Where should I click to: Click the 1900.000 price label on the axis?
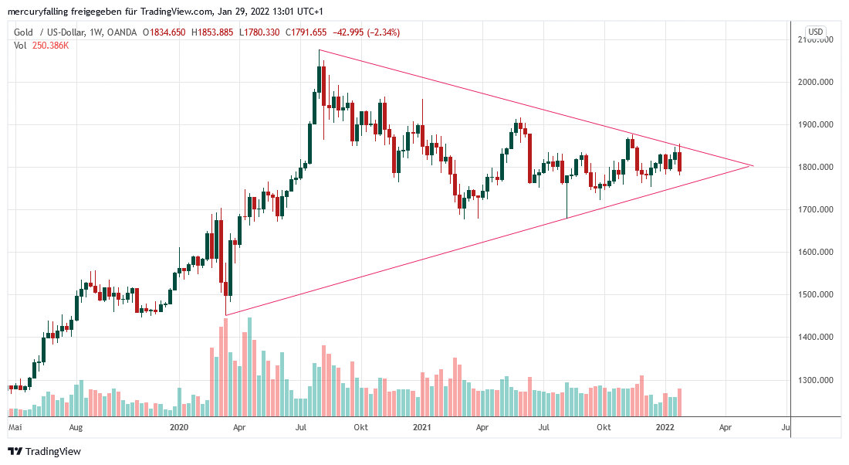[817, 124]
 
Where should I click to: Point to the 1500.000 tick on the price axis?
[817, 295]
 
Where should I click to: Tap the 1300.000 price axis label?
[817, 381]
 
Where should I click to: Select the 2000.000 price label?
[817, 82]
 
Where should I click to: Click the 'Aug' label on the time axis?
[76, 426]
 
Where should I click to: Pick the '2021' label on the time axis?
[421, 426]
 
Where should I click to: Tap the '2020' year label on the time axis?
[179, 426]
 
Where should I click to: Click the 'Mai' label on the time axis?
[15, 426]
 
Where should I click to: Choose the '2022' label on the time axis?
[665, 426]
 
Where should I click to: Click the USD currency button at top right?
[815, 32]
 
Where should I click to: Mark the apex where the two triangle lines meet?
[753, 166]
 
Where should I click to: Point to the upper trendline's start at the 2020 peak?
[319, 50]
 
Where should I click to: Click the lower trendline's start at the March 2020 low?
[225, 315]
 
